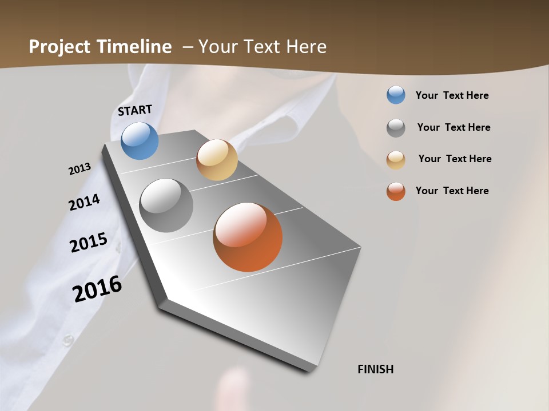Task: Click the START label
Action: [135, 110]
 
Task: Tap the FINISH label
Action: [375, 369]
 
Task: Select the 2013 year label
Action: [79, 169]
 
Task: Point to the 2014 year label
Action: [84, 203]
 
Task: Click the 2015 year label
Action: [89, 243]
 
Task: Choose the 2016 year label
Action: [97, 289]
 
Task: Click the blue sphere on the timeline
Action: [140, 140]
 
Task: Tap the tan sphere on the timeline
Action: [217, 160]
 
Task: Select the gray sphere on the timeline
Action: [166, 205]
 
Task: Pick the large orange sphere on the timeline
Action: [248, 237]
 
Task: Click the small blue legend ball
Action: [396, 95]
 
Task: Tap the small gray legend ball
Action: [396, 128]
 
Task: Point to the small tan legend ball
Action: [396, 160]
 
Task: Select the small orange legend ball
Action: [396, 191]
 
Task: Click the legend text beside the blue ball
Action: [452, 95]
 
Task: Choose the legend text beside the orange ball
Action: [452, 191]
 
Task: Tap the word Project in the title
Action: [59, 47]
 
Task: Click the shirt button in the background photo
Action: [69, 340]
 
